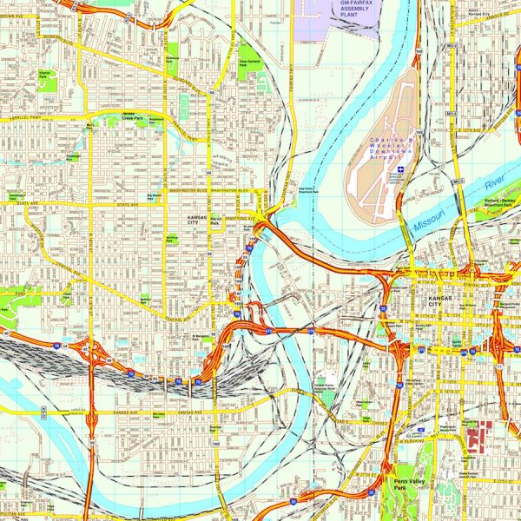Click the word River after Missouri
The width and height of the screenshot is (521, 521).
click(x=494, y=184)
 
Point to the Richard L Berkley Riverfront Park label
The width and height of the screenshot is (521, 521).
click(x=498, y=205)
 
